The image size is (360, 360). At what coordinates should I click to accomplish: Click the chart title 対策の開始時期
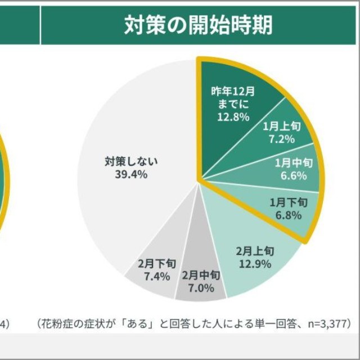click(199, 25)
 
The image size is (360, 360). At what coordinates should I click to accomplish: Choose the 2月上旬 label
click(255, 251)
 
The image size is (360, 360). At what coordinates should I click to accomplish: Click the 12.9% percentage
click(255, 263)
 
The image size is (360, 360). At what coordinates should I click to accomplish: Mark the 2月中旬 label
click(201, 276)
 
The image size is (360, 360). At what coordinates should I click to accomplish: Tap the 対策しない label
click(131, 161)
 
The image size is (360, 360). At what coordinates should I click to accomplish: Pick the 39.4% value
click(131, 174)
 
